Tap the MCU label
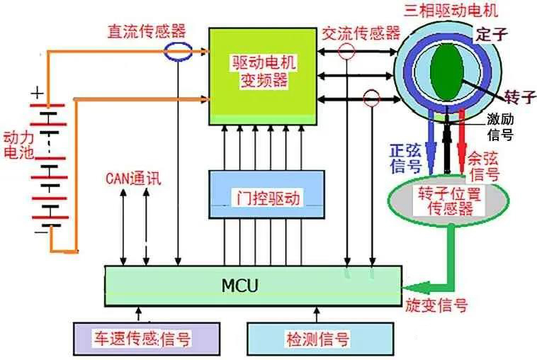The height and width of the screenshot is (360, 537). pos(240,286)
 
